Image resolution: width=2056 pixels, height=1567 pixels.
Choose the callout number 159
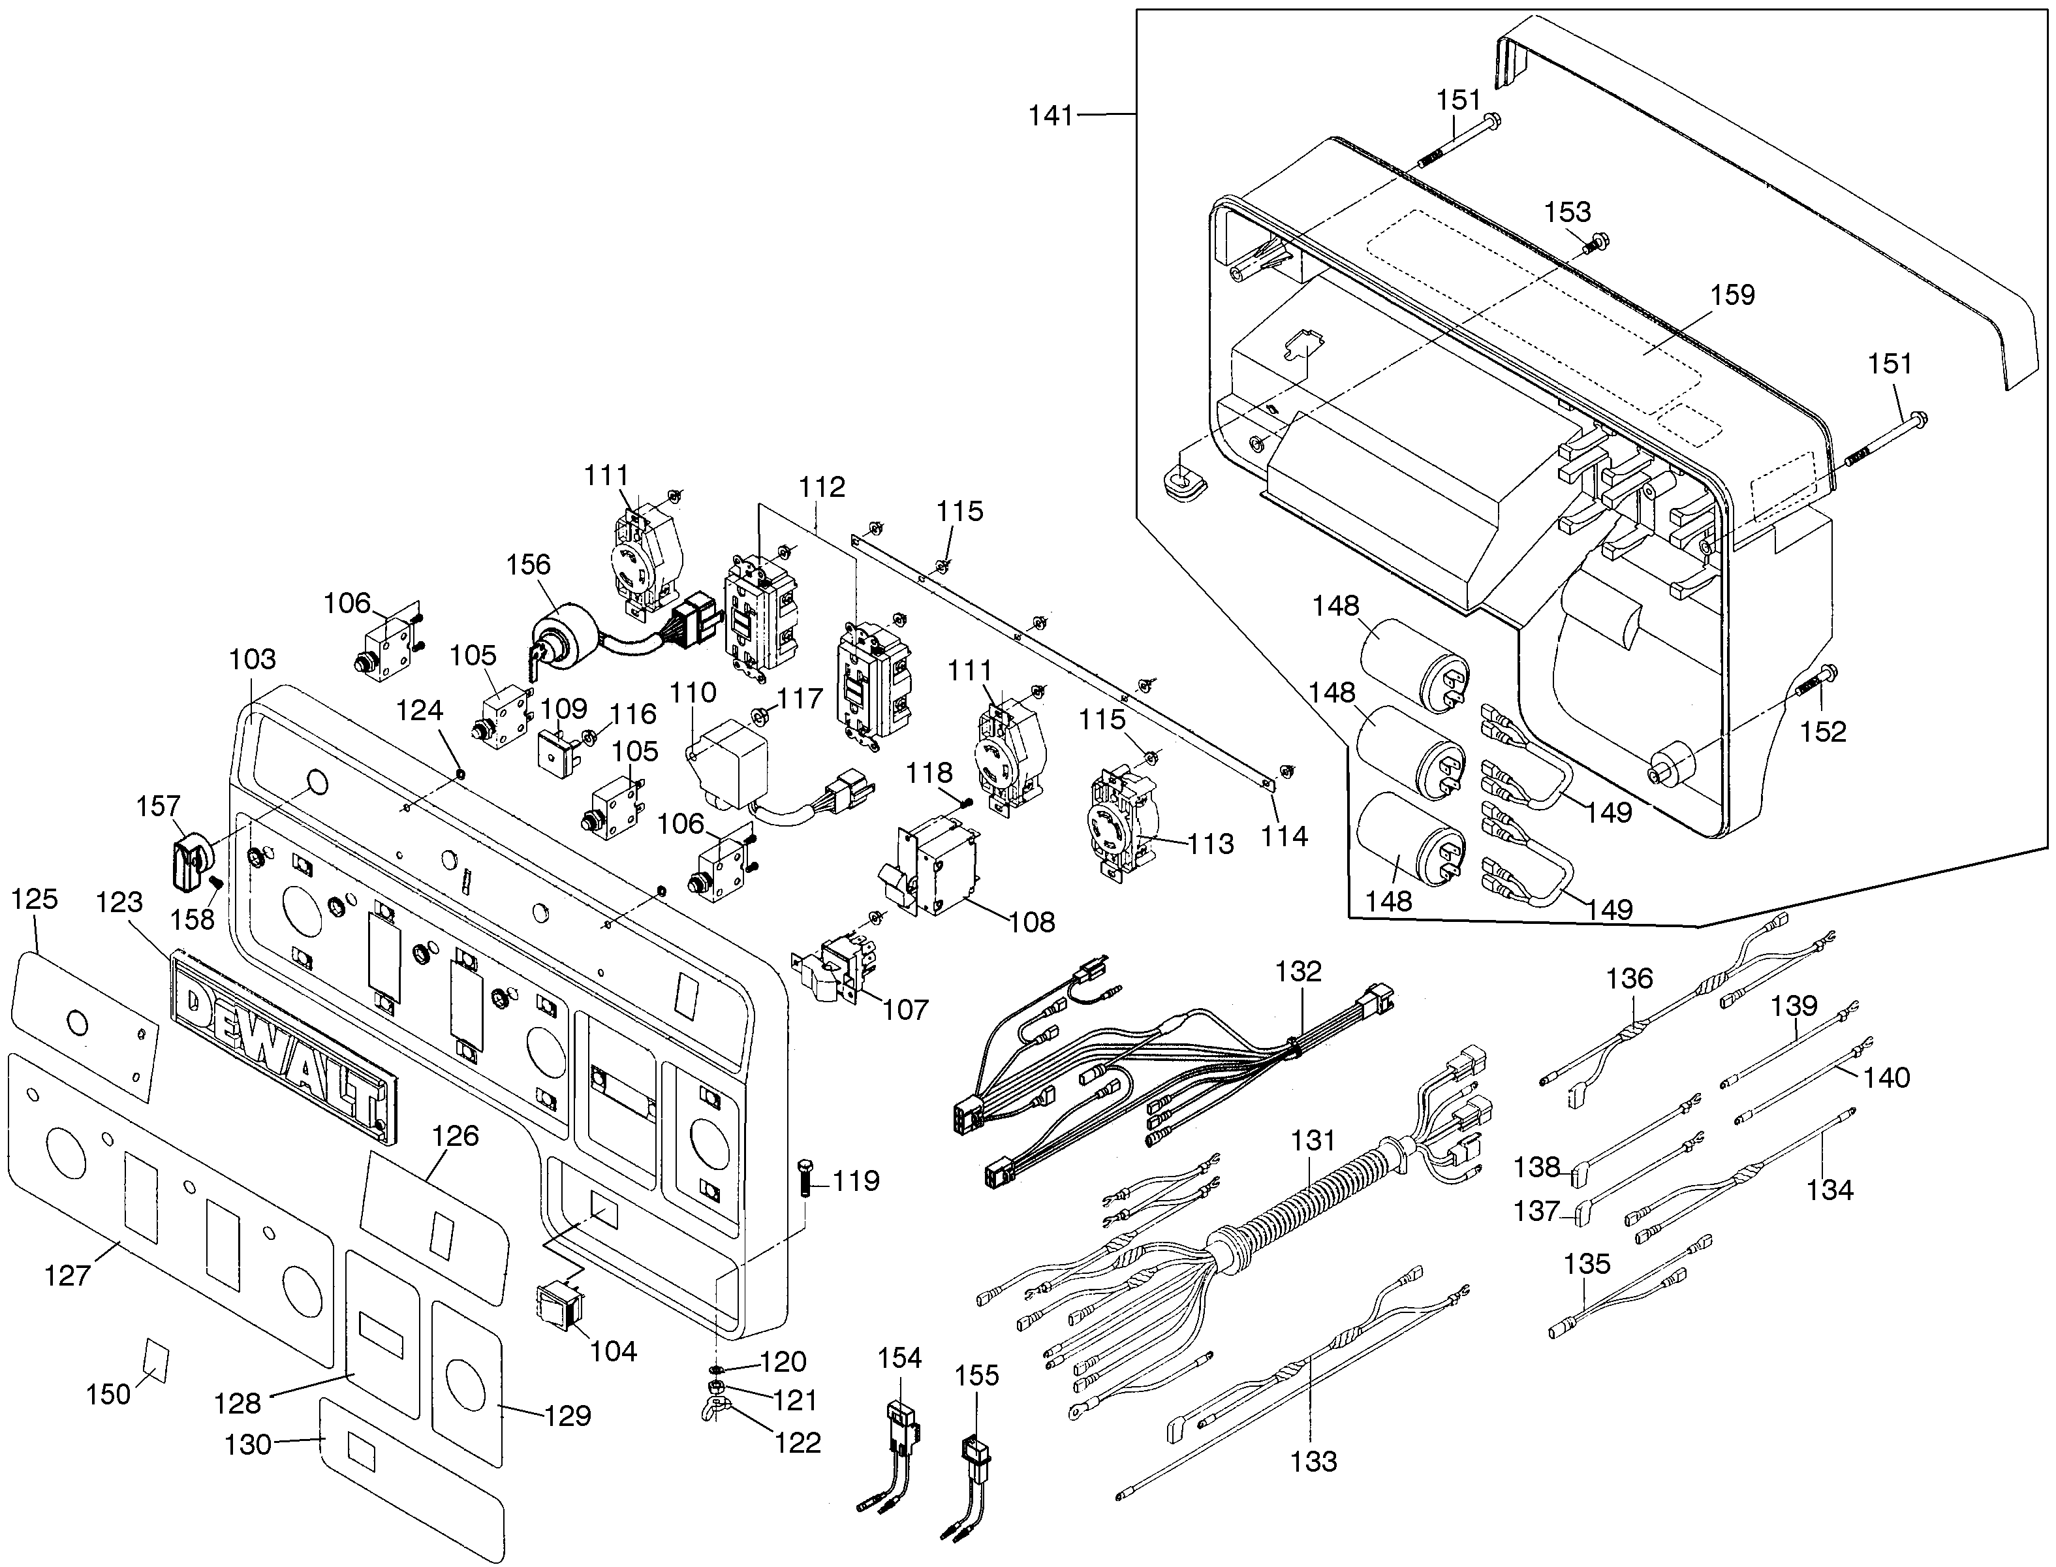point(1732,294)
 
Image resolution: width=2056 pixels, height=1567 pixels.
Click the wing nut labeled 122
point(714,1413)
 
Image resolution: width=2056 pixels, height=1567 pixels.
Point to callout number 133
point(1313,1461)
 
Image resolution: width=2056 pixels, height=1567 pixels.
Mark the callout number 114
point(1284,836)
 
